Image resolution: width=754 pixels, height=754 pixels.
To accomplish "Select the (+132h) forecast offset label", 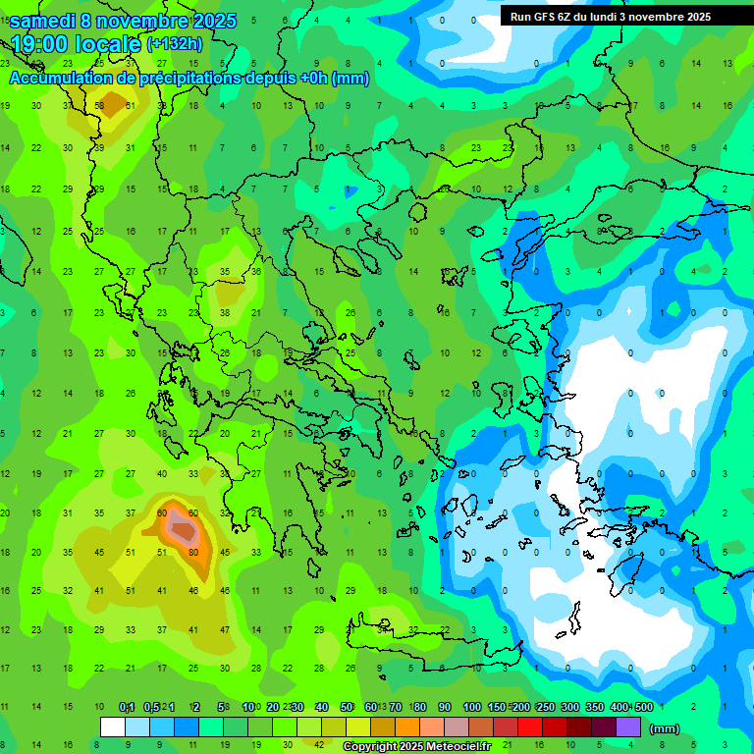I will point(174,44).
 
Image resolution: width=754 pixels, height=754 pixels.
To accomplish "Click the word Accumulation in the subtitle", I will point(65,79).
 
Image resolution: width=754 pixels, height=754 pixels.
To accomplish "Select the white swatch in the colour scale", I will point(113,727).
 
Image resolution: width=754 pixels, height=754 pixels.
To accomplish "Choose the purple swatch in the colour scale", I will point(628,727).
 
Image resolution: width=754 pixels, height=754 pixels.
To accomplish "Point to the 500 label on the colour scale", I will point(643,707).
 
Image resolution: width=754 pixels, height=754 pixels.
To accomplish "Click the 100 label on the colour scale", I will point(471,707).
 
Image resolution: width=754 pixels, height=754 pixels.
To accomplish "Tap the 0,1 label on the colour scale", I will point(127,707).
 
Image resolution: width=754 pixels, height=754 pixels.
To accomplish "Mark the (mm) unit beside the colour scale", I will point(665,728).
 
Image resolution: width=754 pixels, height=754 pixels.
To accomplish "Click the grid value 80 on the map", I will point(193,552).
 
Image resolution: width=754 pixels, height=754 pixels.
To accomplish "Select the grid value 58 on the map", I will point(99,106).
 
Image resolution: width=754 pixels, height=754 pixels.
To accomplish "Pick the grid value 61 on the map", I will point(132,106).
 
